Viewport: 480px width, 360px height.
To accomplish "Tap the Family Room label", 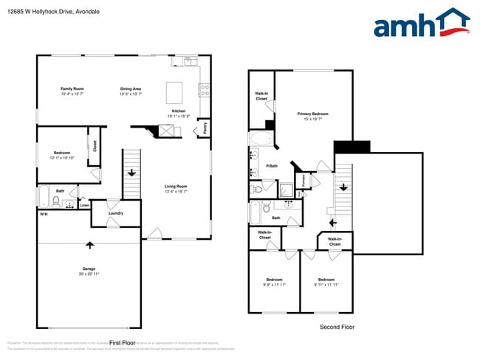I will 72,89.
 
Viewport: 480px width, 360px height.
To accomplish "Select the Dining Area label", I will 131,89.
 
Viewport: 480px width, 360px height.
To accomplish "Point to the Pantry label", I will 205,128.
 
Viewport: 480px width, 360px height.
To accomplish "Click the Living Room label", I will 176,186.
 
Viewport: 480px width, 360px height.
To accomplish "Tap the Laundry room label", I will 115,213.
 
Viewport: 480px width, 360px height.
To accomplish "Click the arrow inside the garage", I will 90,244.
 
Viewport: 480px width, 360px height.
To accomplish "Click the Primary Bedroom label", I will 312,114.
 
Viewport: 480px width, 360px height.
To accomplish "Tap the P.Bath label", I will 272,166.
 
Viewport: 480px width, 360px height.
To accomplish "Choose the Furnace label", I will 302,179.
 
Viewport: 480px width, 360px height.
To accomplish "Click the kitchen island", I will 175,92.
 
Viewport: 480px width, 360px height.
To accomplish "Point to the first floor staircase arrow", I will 131,173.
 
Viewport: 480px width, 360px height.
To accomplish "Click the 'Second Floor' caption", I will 337,326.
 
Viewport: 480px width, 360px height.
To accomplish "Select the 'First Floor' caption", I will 122,342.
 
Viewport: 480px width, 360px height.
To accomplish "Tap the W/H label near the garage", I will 44,214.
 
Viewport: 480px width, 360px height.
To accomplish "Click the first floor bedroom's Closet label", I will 95,145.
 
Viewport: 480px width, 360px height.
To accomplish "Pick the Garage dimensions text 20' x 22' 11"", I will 89,274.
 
